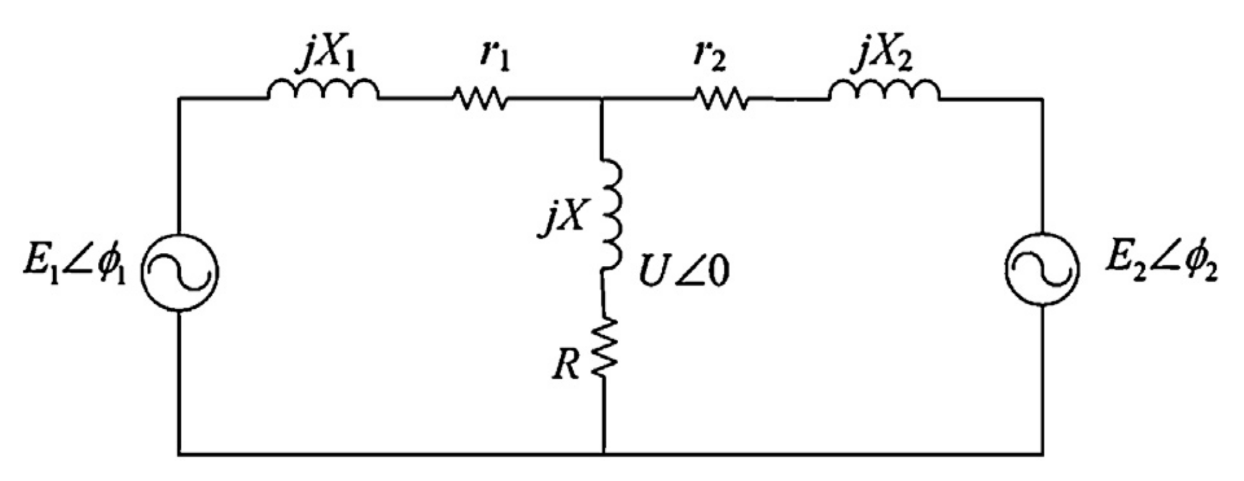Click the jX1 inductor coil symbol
click(x=323, y=90)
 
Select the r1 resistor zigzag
click(x=481, y=98)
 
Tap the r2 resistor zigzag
click(x=722, y=98)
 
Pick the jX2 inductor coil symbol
click(x=884, y=90)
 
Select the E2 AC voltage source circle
click(x=1042, y=270)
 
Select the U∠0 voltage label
click(x=683, y=273)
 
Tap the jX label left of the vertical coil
click(x=561, y=218)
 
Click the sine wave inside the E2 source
click(x=1042, y=270)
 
